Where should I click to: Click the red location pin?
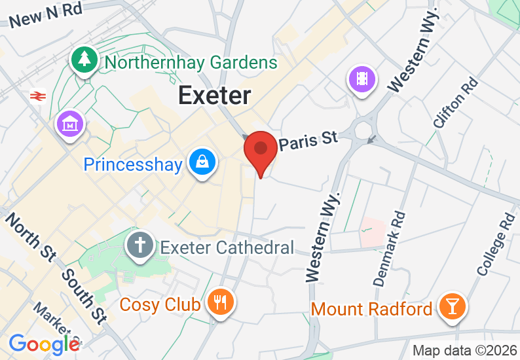(x=260, y=149)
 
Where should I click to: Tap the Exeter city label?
(x=214, y=96)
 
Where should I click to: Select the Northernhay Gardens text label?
(x=191, y=63)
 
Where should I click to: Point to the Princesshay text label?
(x=132, y=164)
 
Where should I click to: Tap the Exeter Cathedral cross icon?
(x=139, y=247)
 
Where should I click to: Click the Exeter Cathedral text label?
(x=227, y=247)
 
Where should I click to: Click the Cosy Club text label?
(x=160, y=304)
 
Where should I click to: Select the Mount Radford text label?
(x=371, y=308)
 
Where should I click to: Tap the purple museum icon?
(x=69, y=122)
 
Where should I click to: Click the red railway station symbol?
(x=38, y=96)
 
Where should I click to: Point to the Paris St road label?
(x=308, y=140)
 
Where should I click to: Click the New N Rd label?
(x=46, y=14)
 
